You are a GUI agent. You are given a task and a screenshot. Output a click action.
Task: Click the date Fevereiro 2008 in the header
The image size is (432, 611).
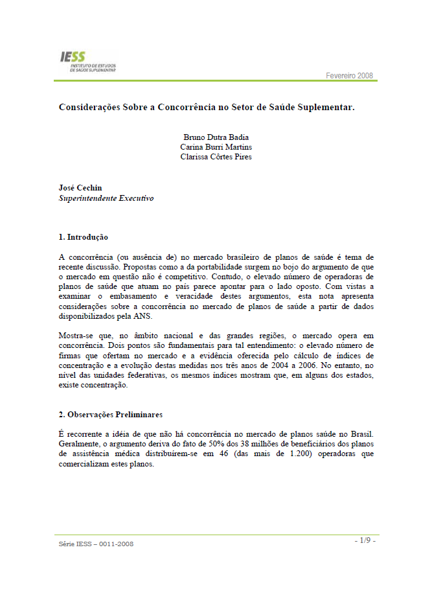[x=349, y=76]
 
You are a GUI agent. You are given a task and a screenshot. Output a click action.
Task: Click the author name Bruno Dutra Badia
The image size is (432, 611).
[x=216, y=137]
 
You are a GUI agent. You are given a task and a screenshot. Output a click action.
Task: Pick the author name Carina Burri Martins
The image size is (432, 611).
[x=216, y=147]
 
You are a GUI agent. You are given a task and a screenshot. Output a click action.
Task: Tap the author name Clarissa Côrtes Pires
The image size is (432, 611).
[x=216, y=157]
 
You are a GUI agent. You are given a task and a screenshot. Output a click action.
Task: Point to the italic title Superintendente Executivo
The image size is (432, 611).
[x=106, y=198]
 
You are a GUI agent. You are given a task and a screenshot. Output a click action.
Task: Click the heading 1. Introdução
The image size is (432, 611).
[x=84, y=237]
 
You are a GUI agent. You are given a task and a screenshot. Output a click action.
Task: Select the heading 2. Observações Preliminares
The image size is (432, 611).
[x=111, y=414]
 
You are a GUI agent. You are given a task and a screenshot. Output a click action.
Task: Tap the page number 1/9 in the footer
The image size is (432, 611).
[x=365, y=540]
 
